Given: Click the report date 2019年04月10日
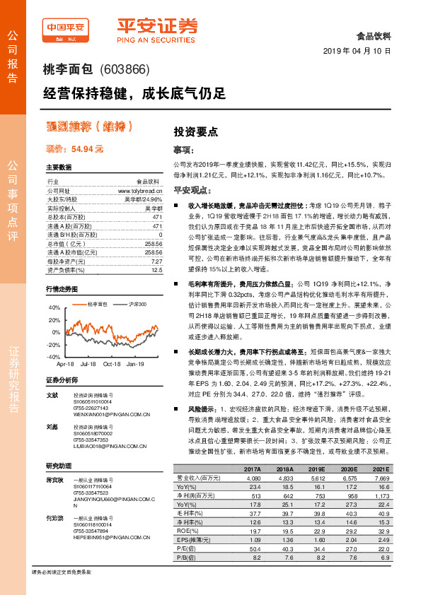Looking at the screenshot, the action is click(361, 52).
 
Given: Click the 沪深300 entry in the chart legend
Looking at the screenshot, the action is click(137, 304).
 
